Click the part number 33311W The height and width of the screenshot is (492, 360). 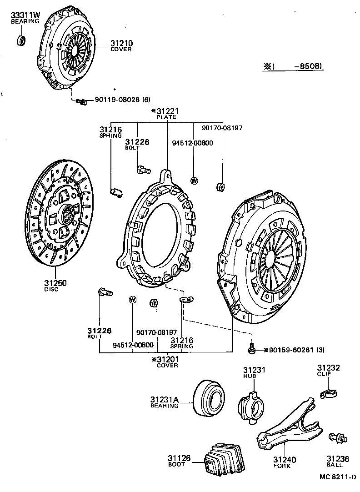pos(25,15)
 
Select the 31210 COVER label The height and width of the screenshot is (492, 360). pos(120,46)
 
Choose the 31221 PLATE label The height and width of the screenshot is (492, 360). pos(166,113)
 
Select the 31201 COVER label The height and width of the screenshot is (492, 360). pos(167,362)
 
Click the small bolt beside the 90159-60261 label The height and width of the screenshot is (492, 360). pos(251,349)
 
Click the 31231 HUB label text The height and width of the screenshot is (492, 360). pos(253,373)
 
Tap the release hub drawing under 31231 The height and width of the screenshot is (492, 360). pos(251,403)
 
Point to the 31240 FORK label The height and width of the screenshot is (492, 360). pos(284,462)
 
